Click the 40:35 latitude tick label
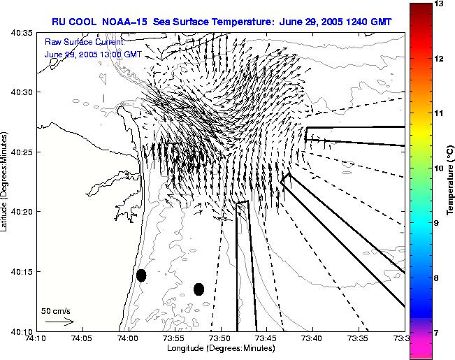(22, 33)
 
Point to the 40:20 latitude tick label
(22, 212)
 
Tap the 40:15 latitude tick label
(22, 271)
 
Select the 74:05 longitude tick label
(82, 338)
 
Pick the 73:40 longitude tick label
(313, 338)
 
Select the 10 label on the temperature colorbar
(439, 168)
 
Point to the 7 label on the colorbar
(437, 333)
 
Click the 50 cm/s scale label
(56, 311)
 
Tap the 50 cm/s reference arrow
(59, 322)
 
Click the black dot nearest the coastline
(141, 275)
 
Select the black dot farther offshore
(198, 289)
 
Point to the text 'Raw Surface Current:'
(85, 42)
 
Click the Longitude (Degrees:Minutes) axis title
(221, 348)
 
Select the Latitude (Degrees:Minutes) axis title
(3, 182)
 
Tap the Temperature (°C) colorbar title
(450, 180)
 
